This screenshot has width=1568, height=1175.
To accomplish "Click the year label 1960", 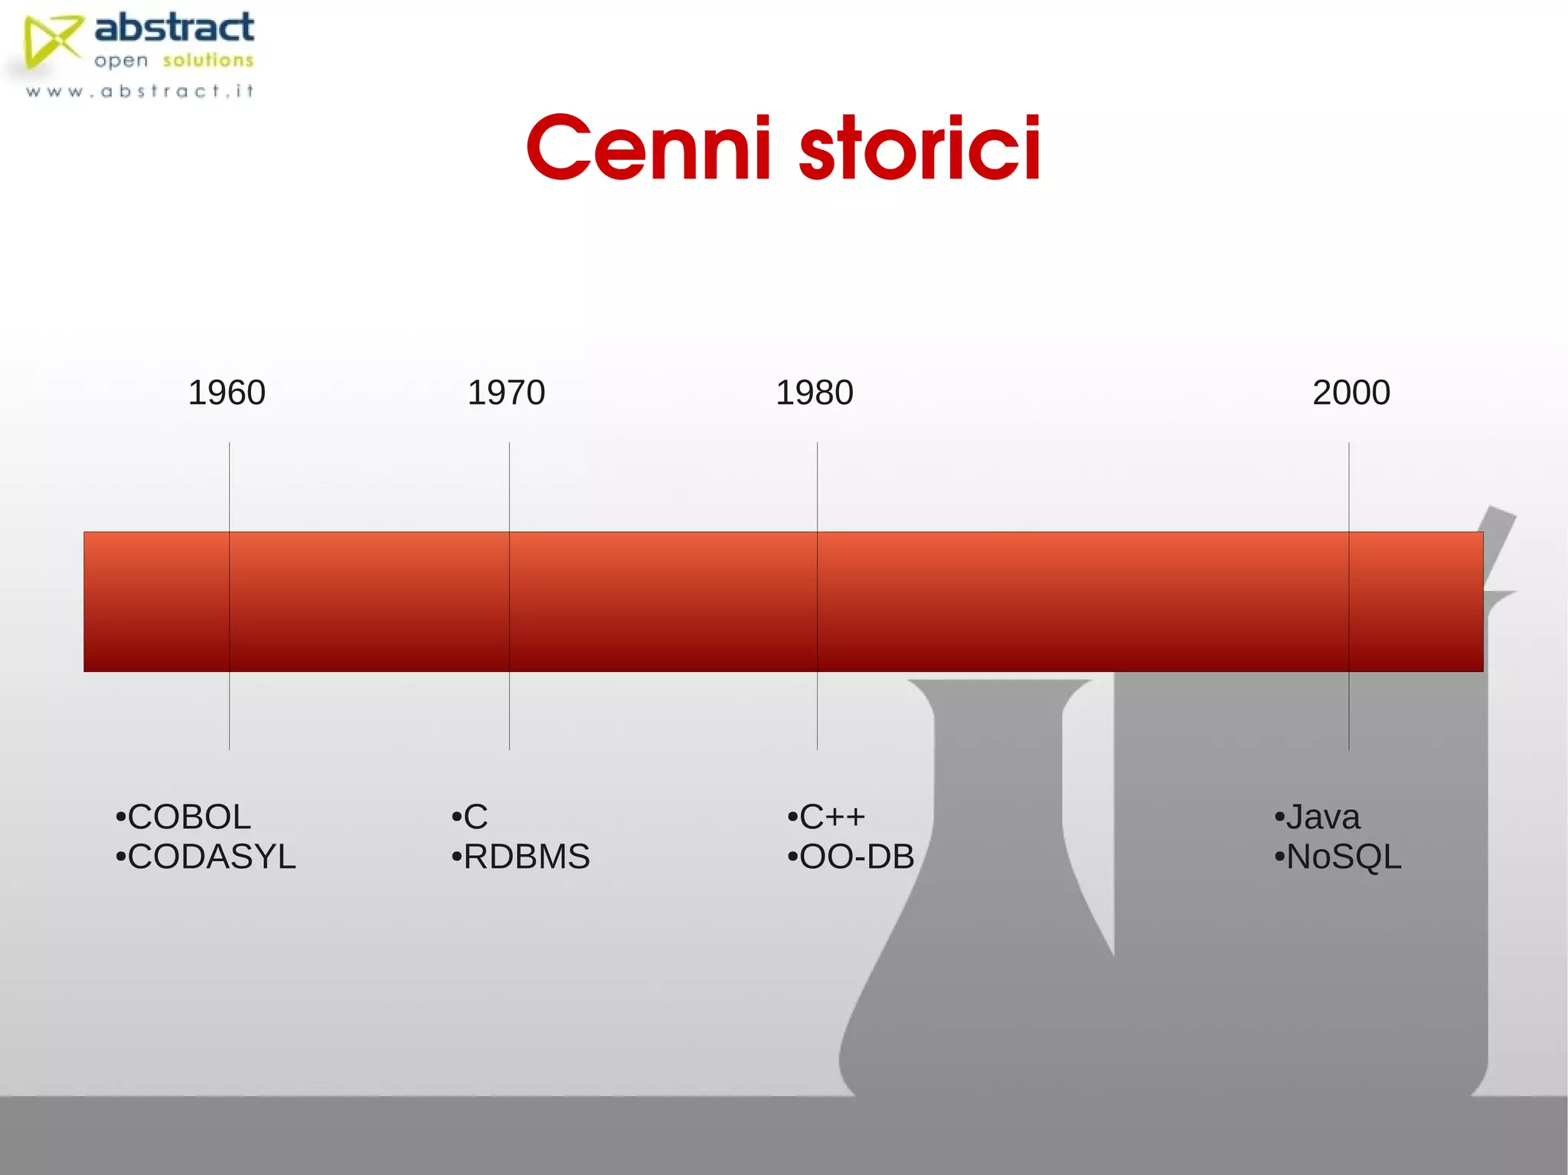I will coord(227,393).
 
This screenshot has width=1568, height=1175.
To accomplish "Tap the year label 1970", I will coord(506,393).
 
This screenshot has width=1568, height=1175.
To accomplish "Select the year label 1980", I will coord(814,393).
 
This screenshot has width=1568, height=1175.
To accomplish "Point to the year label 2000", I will coord(1351,393).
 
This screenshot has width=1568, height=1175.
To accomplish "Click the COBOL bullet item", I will coord(184,817).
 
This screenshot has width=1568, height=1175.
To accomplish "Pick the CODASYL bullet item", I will coord(206,857).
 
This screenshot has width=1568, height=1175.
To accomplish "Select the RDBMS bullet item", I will coord(521,857).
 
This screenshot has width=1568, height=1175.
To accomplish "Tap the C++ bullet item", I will coord(827,817).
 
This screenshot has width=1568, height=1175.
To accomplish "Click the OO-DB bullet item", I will coord(851,857).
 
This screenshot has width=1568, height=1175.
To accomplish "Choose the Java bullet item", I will coord(1318,817).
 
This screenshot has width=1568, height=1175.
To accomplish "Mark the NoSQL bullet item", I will coord(1338,857).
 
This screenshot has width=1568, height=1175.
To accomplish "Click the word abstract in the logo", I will coord(175,28).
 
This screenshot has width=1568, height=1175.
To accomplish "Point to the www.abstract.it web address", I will coord(139,92).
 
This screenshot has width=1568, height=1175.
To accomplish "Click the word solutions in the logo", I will coord(208,60).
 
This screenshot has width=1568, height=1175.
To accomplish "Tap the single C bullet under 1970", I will coord(470,817).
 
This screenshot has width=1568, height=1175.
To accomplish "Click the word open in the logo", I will coord(121,61).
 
